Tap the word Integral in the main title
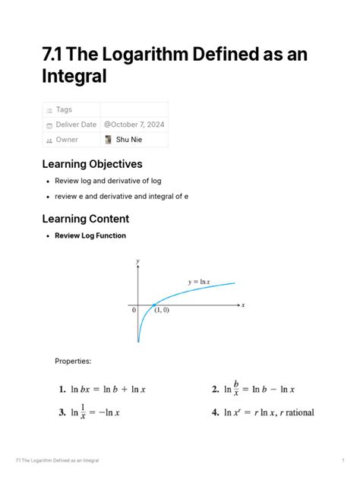[74, 76]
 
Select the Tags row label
[64, 110]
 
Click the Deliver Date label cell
[75, 125]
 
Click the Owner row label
[67, 140]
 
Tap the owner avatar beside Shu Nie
[109, 140]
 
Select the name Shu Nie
[129, 140]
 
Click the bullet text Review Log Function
[90, 235]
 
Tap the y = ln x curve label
[198, 282]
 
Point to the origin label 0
[134, 310]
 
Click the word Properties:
[73, 361]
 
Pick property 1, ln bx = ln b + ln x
[102, 390]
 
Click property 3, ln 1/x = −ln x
[90, 412]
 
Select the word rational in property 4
[297, 412]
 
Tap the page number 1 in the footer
[343, 460]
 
